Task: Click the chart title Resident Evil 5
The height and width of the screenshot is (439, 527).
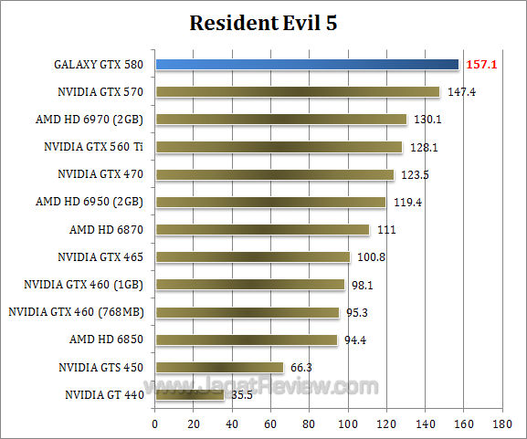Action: point(263,23)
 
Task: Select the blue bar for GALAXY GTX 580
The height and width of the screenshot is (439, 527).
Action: point(307,64)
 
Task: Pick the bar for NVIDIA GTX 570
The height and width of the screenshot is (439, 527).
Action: point(297,91)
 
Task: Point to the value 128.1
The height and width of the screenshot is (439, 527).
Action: point(421,147)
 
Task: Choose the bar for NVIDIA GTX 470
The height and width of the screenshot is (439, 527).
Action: point(274,174)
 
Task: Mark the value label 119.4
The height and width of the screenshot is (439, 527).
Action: point(405,202)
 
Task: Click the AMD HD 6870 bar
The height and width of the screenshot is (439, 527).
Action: point(262,229)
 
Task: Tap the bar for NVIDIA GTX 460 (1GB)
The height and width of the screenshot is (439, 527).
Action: point(249,284)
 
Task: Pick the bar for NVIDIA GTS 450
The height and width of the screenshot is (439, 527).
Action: point(219,367)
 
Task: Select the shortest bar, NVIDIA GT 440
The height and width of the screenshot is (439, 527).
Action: point(189,395)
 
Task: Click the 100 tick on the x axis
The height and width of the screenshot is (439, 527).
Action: point(347,423)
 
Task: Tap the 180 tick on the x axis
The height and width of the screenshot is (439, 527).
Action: point(501,423)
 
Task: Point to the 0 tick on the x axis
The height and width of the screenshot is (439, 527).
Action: point(155,423)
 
